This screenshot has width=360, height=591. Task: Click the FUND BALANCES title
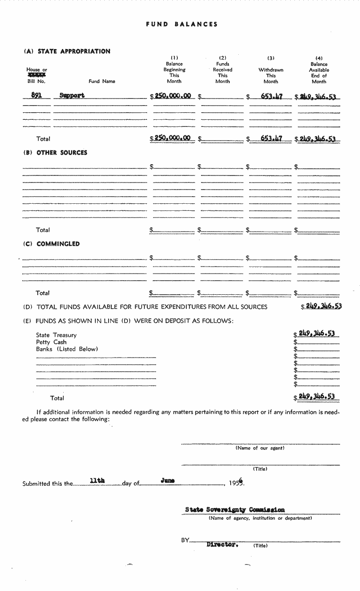pyautogui.click(x=182, y=24)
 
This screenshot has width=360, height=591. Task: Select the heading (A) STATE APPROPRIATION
pyautogui.click(x=67, y=51)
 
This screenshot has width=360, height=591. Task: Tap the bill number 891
pyautogui.click(x=36, y=95)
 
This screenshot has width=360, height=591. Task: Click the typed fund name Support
pyautogui.click(x=72, y=95)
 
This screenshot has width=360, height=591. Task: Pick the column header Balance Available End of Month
pyautogui.click(x=319, y=70)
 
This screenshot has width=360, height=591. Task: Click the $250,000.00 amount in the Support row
pyautogui.click(x=173, y=96)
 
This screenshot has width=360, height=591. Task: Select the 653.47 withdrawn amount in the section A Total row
pyautogui.click(x=271, y=138)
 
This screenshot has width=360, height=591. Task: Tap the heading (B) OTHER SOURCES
pyautogui.click(x=55, y=153)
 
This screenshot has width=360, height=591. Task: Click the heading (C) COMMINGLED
pyautogui.click(x=51, y=244)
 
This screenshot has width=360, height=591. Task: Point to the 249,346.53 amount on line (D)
pyautogui.click(x=323, y=306)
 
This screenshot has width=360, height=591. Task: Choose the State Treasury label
pyautogui.click(x=56, y=335)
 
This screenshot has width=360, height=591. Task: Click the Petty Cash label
pyautogui.click(x=51, y=342)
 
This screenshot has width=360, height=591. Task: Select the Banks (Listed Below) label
pyautogui.click(x=67, y=349)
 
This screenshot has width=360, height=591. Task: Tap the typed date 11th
pyautogui.click(x=97, y=481)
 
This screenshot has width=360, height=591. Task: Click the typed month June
pyautogui.click(x=167, y=481)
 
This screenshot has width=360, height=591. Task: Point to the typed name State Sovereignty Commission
pyautogui.click(x=235, y=510)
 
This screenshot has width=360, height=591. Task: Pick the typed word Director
pyautogui.click(x=222, y=544)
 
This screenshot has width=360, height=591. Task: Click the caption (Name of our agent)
pyautogui.click(x=260, y=448)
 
